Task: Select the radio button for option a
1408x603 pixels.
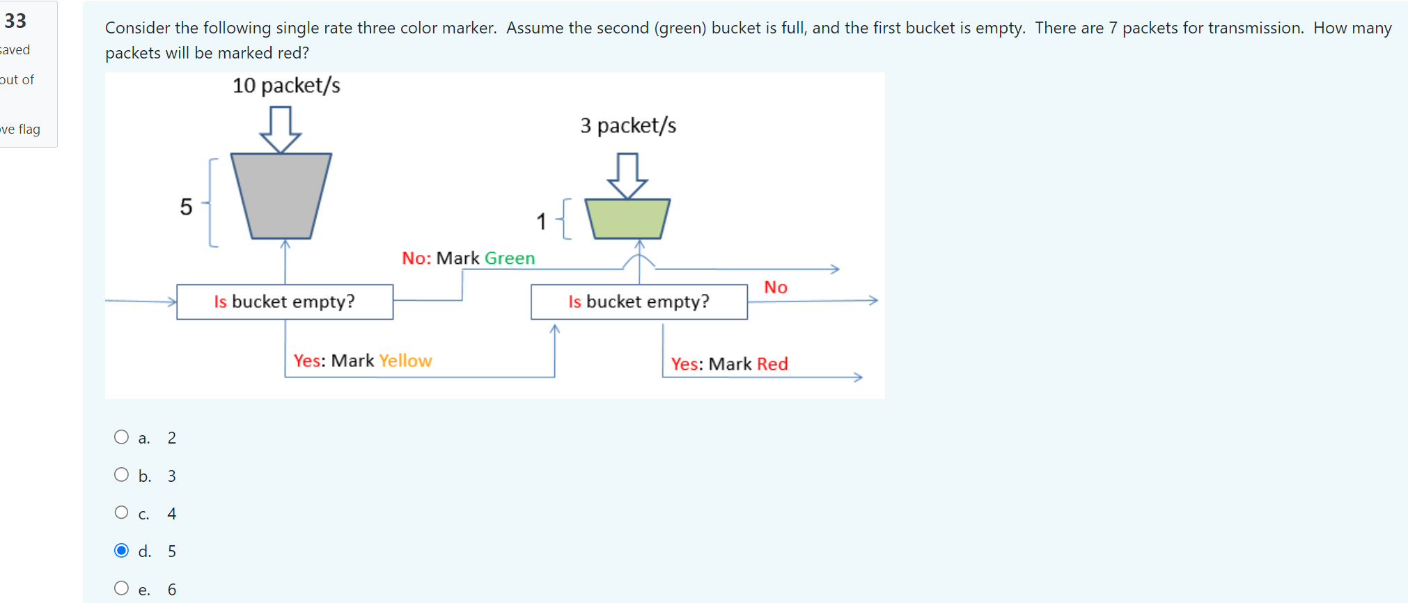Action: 121,437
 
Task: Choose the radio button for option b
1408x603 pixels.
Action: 121,475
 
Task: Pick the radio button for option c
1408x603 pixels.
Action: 121,512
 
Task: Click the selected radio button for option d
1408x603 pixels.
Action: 121,551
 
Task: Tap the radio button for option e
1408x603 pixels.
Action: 121,588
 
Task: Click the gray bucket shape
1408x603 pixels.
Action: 281,196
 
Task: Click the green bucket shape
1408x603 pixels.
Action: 627,219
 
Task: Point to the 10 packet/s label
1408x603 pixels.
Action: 286,86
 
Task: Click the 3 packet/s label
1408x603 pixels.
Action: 628,125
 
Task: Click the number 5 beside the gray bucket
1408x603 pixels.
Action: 186,207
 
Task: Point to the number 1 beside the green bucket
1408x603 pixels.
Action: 541,221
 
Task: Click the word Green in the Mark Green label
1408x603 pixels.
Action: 510,258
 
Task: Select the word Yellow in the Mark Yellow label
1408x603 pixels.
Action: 405,361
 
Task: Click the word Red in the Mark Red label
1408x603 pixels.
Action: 772,364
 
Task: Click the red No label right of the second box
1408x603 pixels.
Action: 775,288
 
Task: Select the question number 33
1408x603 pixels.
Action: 15,21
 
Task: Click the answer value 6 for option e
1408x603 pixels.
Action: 172,590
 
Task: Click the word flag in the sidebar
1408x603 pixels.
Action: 29,130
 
